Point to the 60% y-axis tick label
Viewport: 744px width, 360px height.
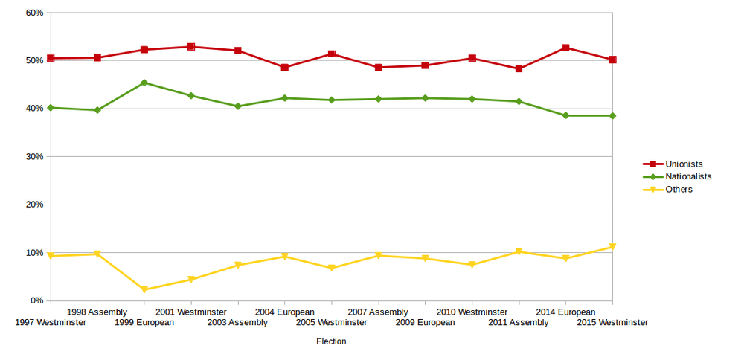34,13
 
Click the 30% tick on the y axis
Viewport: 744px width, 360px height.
34,157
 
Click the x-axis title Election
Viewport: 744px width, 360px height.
331,341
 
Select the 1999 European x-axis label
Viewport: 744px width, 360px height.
144,322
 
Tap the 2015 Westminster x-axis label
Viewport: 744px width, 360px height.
612,322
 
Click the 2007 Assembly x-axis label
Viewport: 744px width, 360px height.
378,312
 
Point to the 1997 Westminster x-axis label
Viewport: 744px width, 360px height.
51,322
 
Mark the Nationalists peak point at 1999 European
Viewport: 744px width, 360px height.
144,83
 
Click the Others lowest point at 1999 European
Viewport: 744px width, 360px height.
144,289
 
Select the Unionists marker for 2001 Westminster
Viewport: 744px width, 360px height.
191,47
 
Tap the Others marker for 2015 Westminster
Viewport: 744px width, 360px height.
612,246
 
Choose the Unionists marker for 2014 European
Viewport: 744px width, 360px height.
565,48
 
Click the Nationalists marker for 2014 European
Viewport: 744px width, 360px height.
565,115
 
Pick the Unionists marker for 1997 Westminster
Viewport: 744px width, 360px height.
51,58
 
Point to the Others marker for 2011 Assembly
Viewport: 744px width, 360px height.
519,251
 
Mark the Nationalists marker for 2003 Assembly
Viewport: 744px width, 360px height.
238,106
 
